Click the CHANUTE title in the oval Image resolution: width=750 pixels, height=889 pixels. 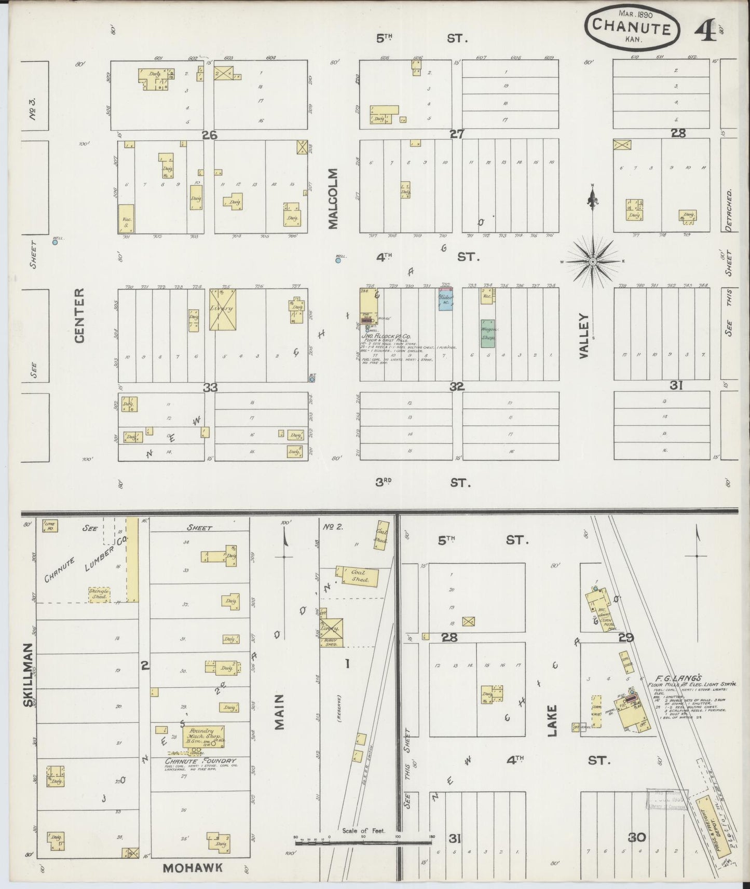coord(631,26)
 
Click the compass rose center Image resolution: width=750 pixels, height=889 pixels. coord(592,262)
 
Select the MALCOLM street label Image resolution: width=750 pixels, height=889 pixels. coord(333,198)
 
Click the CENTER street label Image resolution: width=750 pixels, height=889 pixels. coord(79,315)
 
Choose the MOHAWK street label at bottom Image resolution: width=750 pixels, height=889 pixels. coord(193,867)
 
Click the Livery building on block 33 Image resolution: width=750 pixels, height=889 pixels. coord(223,309)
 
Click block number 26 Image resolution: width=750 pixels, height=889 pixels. coord(210,135)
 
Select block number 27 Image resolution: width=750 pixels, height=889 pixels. coord(457,134)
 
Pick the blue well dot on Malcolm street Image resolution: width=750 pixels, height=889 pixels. coord(338,260)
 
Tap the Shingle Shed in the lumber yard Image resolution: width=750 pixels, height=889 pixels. coord(99,594)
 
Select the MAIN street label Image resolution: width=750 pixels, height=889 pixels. coord(280,712)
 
